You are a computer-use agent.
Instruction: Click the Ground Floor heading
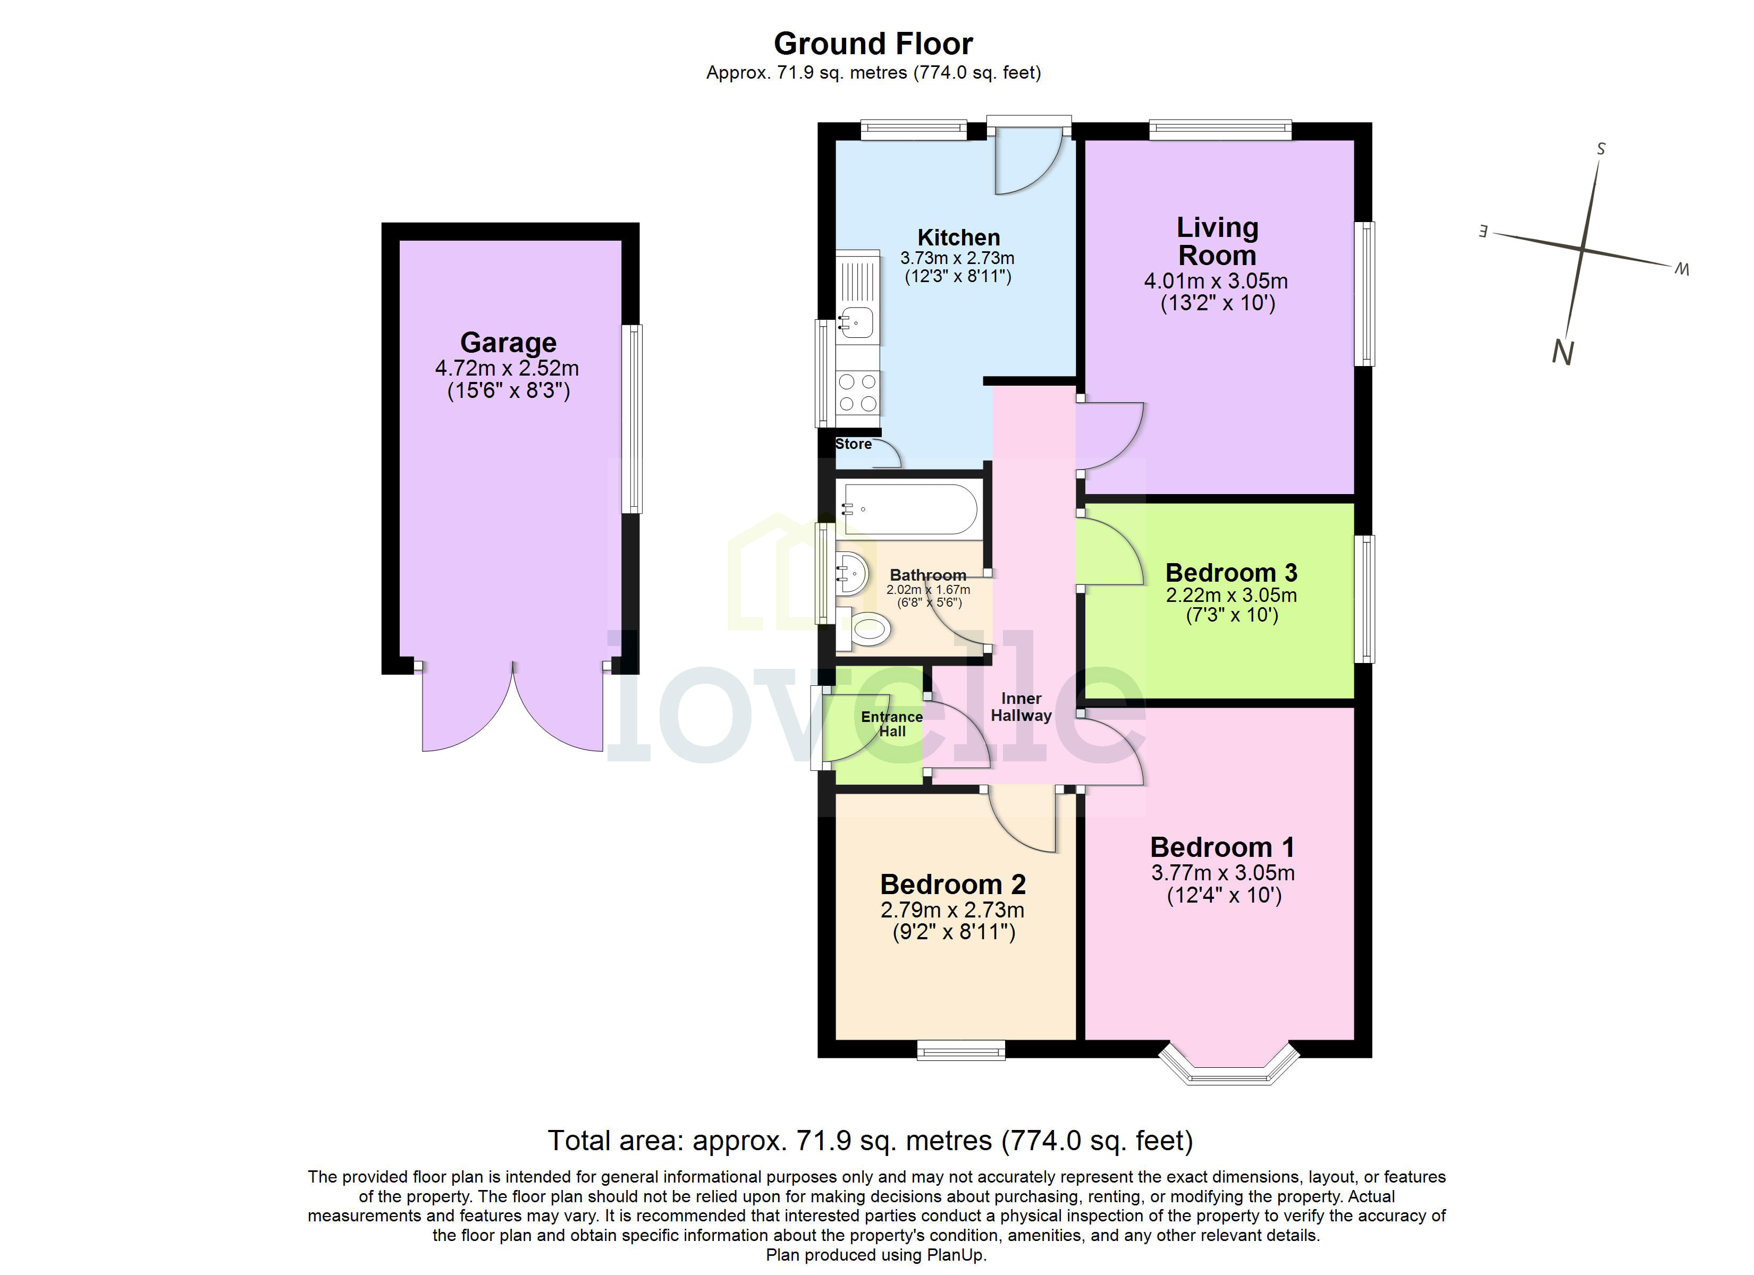(873, 44)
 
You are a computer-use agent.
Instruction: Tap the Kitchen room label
(958, 237)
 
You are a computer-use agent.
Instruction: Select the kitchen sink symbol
(857, 321)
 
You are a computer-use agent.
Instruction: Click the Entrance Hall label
(892, 724)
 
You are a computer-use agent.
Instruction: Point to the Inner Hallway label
(1021, 707)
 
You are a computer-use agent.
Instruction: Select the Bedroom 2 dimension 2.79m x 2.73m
(952, 910)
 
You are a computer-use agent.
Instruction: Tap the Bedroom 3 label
(1230, 573)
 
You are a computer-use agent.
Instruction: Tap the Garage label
(508, 343)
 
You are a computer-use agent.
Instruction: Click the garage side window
(632, 418)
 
